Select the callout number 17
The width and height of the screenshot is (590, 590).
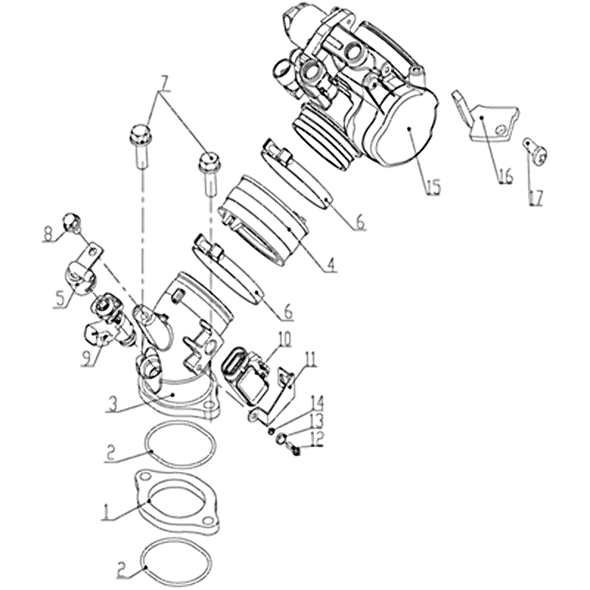[x=537, y=198]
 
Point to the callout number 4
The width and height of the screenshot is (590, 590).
[x=330, y=265]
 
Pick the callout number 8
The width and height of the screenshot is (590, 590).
[x=48, y=235]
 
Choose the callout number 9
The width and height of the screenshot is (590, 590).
[x=87, y=358]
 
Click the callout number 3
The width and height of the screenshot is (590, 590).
[x=113, y=403]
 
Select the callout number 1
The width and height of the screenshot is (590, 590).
[x=106, y=512]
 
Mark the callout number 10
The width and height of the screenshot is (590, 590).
[x=285, y=339]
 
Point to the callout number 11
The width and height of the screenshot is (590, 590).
[x=310, y=360]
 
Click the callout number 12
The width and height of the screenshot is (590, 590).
[x=317, y=439]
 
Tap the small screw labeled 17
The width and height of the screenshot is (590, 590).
[x=535, y=151]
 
